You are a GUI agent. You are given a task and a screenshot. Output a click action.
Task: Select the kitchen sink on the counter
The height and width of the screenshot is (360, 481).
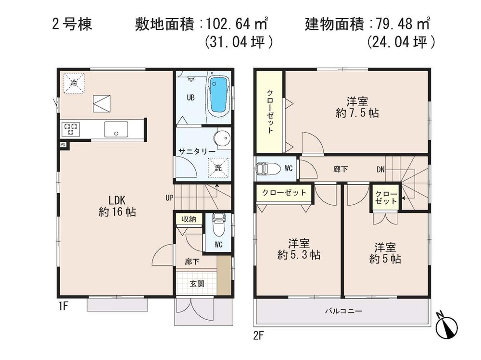115,129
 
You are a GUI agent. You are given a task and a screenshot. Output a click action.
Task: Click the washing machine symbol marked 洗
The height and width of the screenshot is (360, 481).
217,168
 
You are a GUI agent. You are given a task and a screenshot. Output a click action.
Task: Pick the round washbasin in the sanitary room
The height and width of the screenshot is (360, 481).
222,138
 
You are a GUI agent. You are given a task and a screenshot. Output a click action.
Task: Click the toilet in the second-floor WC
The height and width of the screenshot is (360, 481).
264,168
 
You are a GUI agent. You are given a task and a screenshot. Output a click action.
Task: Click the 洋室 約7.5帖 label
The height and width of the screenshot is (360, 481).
356,107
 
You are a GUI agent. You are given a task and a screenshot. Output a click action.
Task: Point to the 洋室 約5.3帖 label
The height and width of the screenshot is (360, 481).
298,248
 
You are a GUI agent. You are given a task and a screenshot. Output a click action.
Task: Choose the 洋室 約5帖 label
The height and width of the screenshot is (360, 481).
385,253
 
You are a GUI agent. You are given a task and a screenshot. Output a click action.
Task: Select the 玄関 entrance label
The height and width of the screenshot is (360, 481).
197,284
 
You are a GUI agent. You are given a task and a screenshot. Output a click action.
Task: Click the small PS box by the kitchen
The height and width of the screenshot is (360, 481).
63,145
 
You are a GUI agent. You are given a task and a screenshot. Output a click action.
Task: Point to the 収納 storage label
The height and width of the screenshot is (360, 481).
188,219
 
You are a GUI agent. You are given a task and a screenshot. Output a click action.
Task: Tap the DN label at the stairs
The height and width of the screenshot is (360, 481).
381,169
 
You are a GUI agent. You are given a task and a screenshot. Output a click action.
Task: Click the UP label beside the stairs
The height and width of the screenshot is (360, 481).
168,197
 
